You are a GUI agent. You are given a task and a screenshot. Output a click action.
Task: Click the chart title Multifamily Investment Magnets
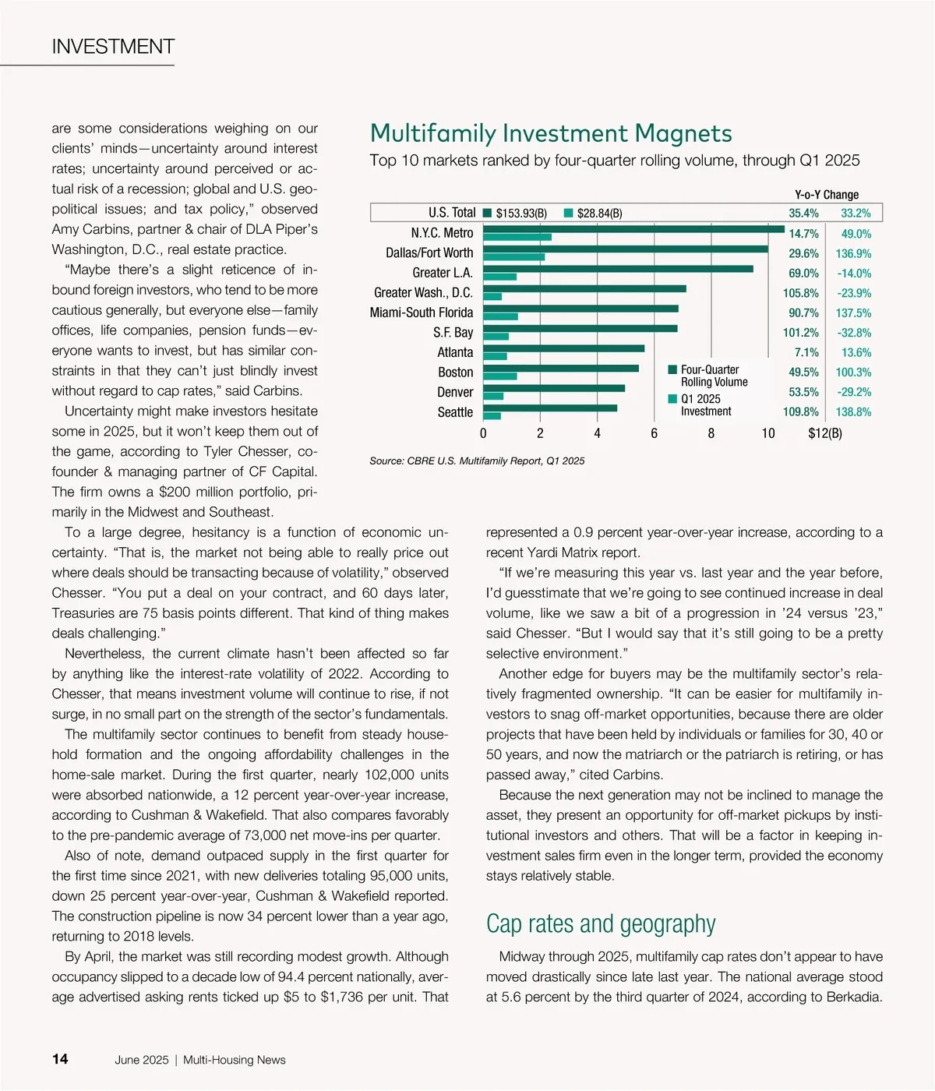tap(551, 133)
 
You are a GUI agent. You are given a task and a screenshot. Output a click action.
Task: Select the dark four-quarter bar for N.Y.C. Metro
tap(633, 229)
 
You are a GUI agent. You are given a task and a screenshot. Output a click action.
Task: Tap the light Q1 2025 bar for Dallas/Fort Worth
tap(513, 256)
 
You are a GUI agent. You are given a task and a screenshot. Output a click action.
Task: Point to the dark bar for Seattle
tap(550, 408)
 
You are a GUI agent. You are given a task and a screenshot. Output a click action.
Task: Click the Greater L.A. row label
tap(442, 273)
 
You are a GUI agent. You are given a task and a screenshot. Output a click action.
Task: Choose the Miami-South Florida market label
tap(421, 312)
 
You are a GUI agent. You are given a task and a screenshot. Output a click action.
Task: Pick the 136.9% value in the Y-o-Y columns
tap(853, 253)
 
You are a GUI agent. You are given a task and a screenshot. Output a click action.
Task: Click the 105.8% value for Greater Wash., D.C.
tap(801, 293)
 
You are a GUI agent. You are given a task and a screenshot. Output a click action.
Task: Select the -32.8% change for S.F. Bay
tap(853, 333)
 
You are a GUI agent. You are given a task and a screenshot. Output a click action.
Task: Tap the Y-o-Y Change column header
tap(826, 195)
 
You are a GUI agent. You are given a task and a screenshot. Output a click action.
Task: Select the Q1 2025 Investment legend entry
tap(705, 404)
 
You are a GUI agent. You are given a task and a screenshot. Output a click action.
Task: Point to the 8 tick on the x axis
tap(711, 433)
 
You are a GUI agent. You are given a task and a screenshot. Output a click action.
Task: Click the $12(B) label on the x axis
tap(824, 433)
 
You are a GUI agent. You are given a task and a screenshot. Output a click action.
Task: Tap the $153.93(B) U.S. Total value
tap(520, 214)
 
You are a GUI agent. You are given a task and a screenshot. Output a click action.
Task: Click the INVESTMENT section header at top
tap(113, 47)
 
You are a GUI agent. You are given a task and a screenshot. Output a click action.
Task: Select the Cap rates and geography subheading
tap(601, 923)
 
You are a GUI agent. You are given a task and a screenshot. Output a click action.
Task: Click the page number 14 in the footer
tap(60, 1059)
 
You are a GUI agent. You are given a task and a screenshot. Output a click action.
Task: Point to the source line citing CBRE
tap(477, 461)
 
